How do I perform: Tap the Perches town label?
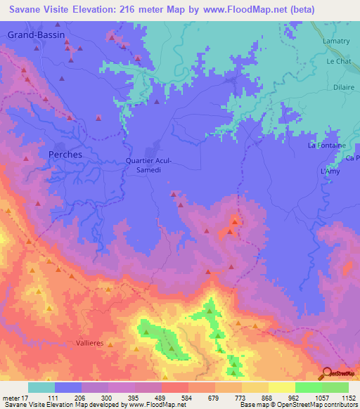[x=65, y=154]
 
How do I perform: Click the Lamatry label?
[x=335, y=44]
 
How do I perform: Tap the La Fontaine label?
[x=327, y=145]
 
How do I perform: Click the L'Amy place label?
[x=330, y=172]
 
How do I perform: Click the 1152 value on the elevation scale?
[x=347, y=398]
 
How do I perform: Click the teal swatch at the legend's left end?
[x=41, y=387]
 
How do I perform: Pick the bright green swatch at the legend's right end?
[x=335, y=387]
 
